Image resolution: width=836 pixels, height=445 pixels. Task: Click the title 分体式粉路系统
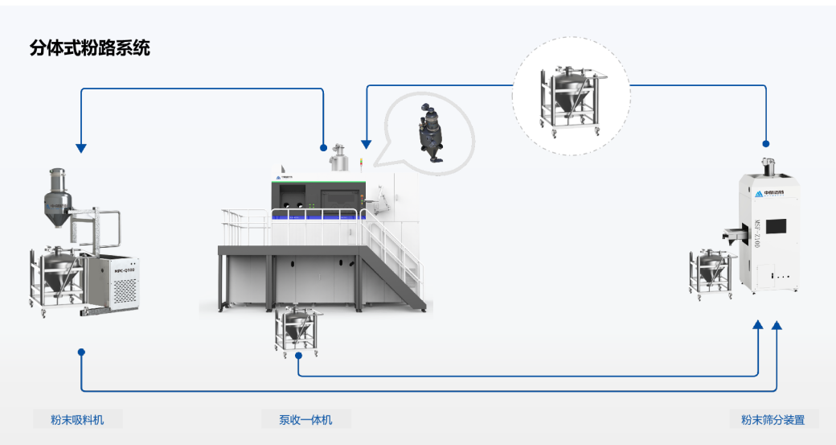[x=89, y=48]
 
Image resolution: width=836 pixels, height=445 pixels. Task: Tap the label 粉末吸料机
[x=77, y=419]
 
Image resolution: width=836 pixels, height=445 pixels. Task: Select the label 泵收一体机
[x=305, y=419]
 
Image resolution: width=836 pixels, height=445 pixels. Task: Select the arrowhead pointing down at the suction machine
[x=80, y=147]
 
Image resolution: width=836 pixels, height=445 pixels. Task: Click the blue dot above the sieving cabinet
[x=765, y=144]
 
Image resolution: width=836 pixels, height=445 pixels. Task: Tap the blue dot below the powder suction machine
[x=81, y=352]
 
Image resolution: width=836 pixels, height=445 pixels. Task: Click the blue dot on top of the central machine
[x=323, y=148]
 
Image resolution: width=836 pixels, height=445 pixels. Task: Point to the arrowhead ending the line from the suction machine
[x=777, y=325]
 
